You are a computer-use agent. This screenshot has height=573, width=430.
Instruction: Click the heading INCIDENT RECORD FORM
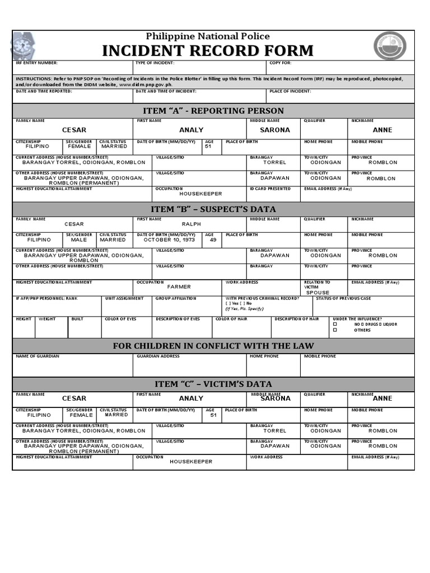(208, 51)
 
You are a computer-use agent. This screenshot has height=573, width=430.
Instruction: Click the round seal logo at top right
(390, 45)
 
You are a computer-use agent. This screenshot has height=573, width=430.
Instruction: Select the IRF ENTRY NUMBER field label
(36, 63)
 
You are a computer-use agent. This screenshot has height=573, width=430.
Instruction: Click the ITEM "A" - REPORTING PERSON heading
(213, 111)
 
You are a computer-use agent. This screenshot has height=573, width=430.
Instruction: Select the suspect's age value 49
(213, 239)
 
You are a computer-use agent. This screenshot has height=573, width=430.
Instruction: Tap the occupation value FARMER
(179, 286)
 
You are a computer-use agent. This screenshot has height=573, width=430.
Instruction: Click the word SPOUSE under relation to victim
(317, 293)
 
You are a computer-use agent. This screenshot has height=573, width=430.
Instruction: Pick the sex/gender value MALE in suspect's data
(79, 239)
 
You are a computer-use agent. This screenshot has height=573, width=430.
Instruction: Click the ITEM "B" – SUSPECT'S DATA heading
(213, 209)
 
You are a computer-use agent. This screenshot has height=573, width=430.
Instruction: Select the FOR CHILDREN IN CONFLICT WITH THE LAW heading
(213, 346)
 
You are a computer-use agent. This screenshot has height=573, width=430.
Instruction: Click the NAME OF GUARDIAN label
(38, 356)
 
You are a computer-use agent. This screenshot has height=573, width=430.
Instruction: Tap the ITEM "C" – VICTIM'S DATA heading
(213, 384)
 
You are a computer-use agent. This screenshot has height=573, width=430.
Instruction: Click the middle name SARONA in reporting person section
(275, 130)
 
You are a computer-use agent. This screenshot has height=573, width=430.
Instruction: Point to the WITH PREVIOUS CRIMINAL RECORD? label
(262, 298)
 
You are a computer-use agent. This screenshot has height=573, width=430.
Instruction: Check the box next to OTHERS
(335, 330)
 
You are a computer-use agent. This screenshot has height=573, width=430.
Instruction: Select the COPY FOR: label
(281, 63)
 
